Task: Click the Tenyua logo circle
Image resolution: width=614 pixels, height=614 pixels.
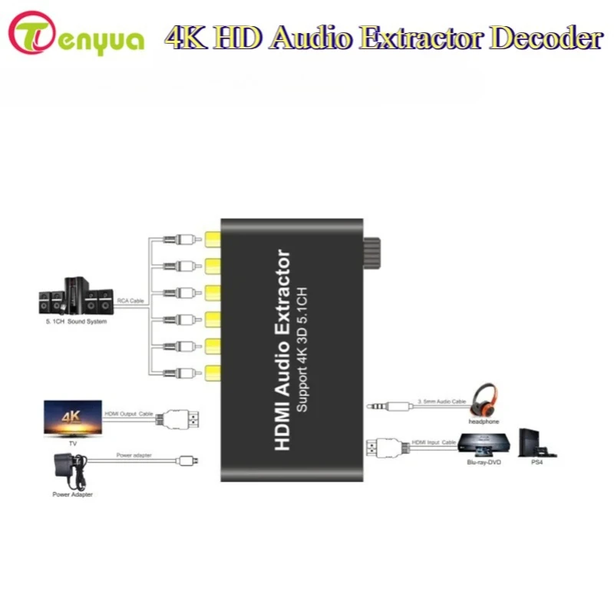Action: pos(31,33)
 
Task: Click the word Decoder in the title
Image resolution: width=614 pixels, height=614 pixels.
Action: pos(546,38)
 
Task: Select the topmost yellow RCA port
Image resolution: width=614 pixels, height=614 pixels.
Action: pos(213,239)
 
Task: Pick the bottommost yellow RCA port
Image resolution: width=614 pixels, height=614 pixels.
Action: pos(213,373)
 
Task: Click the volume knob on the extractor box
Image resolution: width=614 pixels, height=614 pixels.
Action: pos(371,253)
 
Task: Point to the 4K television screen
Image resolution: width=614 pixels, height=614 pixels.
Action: pos(73,418)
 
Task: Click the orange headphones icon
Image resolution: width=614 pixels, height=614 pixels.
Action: pos(484,401)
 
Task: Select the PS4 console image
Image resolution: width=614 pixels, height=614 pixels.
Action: pos(536,444)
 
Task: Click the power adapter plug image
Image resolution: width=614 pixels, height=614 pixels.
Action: pos(70,471)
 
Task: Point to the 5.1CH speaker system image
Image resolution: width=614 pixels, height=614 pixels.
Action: pos(76,295)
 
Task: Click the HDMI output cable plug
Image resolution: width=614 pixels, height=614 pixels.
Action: pos(177,419)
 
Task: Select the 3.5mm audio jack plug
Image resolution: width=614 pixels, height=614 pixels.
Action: pos(389,407)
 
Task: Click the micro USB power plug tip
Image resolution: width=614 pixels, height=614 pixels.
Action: pos(189,460)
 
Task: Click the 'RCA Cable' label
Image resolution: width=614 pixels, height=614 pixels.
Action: pos(130,301)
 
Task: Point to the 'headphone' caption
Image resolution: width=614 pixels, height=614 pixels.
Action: pos(484,421)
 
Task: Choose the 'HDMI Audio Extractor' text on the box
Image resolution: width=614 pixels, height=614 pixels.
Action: pos(282,350)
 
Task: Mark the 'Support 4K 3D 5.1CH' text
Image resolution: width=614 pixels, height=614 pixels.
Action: pos(302,350)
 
